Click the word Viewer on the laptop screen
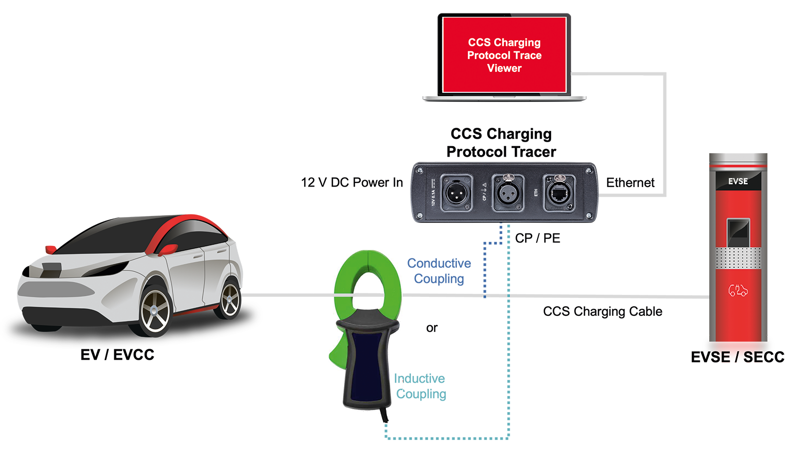click(x=504, y=68)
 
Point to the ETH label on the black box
click(x=536, y=193)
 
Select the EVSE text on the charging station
click(x=738, y=181)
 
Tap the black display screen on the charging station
click(x=738, y=232)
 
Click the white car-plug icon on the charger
click(x=738, y=290)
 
